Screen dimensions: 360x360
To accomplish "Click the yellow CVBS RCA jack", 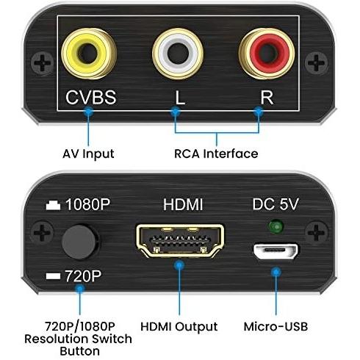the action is (x=89, y=54).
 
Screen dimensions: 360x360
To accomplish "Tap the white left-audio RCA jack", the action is (x=178, y=54).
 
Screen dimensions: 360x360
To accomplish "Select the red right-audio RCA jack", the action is (x=267, y=54).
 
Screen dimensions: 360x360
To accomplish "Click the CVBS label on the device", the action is (x=91, y=98).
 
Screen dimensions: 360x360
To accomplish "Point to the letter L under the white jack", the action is (x=180, y=98).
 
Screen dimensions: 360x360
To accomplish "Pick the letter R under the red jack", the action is (x=267, y=98).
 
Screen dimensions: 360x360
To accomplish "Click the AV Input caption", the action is (x=88, y=154).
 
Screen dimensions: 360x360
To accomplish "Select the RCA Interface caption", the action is (x=216, y=154).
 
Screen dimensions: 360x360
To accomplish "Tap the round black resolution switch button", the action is (x=79, y=242).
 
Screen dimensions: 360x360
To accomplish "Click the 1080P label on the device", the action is (x=88, y=204).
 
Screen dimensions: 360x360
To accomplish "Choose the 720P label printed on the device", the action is (x=83, y=276).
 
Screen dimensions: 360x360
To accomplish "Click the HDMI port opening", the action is (x=180, y=241).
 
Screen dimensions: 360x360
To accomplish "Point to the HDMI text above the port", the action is (x=183, y=204).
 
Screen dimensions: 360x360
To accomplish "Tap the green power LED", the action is (x=276, y=226).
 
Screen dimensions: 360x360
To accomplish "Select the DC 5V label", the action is (x=276, y=204).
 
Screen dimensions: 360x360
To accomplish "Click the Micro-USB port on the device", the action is (x=276, y=251).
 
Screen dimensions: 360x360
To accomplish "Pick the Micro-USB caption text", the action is (x=276, y=326).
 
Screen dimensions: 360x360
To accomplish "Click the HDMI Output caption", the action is (x=179, y=327).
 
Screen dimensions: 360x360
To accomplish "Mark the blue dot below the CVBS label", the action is (x=88, y=112).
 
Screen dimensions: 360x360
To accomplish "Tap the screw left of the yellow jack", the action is (x=42, y=62).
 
